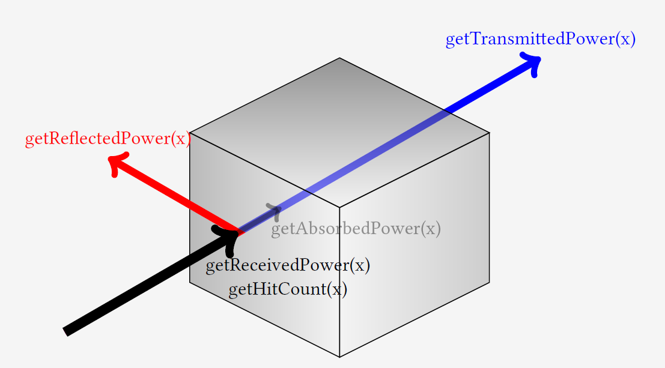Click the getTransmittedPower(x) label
click(540, 40)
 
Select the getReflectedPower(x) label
click(108, 139)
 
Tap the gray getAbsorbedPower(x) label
click(356, 229)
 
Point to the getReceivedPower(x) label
click(288, 265)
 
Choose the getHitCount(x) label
click(288, 289)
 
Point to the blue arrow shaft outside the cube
click(493, 84)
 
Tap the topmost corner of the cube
click(339, 58)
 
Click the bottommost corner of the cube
click(339, 357)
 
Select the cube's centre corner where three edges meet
click(339, 207)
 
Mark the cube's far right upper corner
click(489, 133)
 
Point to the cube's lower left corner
click(190, 282)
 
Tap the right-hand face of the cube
click(414, 246)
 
